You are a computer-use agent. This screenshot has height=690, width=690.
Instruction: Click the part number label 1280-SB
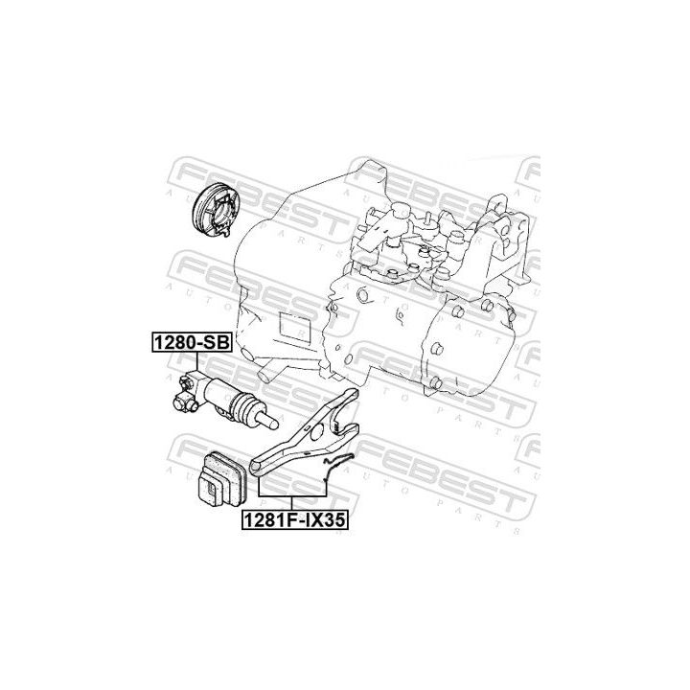188,342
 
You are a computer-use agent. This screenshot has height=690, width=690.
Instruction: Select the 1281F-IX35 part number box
294,521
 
